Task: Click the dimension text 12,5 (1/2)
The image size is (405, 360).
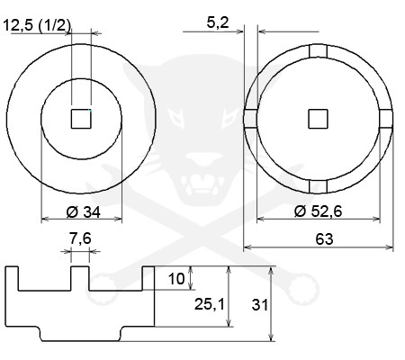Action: pos(37,25)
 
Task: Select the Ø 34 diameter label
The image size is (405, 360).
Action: pos(83,212)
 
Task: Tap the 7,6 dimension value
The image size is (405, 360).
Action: pos(80,238)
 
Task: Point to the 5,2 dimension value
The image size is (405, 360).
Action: pos(218,22)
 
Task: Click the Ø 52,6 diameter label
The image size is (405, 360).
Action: pos(318,211)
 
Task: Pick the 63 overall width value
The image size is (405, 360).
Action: pos(324,239)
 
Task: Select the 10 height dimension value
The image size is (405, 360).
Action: pos(176,279)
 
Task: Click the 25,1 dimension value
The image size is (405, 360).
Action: pos(210,304)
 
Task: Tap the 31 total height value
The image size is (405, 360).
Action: pos(260,305)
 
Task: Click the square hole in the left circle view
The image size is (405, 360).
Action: pos(81,119)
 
